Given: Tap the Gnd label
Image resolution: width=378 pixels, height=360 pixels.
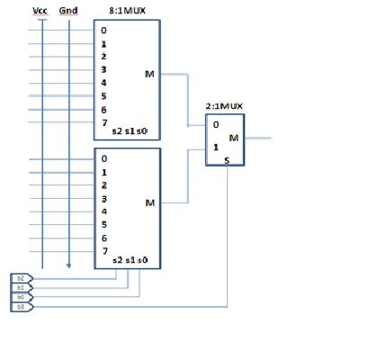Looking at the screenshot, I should (68, 10).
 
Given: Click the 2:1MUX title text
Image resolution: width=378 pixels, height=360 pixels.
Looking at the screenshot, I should (224, 105).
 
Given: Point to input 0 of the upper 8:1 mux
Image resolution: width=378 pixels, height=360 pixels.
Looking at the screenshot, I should (103, 30).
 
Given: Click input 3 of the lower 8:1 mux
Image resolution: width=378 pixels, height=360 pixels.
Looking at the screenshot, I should (103, 198).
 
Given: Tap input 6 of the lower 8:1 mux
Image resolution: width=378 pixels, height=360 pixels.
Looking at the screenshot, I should (103, 238).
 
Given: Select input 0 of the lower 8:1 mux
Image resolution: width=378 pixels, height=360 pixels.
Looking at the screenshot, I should (103, 159).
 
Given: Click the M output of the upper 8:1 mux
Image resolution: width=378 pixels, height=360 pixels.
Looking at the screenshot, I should (149, 74).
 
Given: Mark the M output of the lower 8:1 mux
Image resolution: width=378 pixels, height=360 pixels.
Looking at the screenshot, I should (149, 202).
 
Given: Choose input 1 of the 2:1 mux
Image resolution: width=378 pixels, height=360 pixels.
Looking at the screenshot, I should (215, 145).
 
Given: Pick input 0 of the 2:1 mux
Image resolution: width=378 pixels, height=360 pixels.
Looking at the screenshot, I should (215, 125).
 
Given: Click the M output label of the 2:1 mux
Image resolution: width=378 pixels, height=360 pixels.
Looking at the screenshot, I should (234, 137).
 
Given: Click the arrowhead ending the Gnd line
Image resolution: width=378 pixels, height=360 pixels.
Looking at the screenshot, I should (68, 265).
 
